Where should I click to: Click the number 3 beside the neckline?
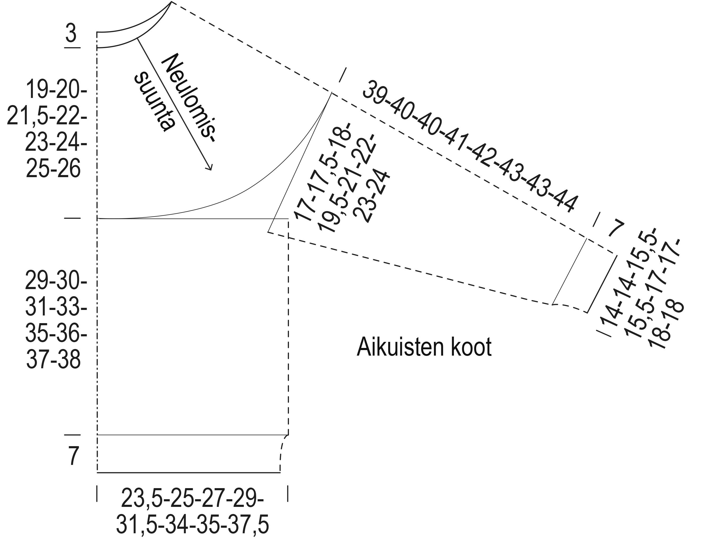coord(71,33)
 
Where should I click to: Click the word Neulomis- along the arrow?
coord(190,97)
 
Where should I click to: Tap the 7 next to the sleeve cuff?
coord(615,229)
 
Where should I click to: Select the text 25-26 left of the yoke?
coord(53,169)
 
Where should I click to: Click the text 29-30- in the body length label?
coord(56,281)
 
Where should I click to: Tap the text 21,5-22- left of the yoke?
coord(47,116)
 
